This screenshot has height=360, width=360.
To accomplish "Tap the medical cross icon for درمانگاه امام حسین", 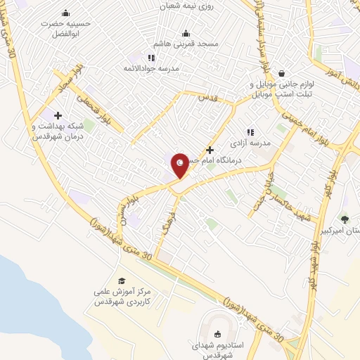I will pyautogui.click(x=210, y=150).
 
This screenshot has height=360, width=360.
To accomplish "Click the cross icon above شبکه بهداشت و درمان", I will pyautogui.click(x=58, y=115).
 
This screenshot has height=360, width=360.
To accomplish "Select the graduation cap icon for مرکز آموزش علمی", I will pyautogui.click(x=122, y=281).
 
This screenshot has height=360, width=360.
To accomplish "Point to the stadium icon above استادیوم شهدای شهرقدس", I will pyautogui.click(x=216, y=334).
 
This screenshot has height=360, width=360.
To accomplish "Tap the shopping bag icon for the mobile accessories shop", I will pyautogui.click(x=281, y=72).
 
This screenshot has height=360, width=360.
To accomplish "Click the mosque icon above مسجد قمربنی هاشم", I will pyautogui.click(x=186, y=32).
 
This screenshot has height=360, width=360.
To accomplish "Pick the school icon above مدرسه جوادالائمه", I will pyautogui.click(x=150, y=58).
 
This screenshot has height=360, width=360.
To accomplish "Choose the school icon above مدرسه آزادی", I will pyautogui.click(x=250, y=131).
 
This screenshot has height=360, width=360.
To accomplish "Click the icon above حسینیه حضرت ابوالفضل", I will pyautogui.click(x=65, y=13).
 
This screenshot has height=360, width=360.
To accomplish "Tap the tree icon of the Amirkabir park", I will pyautogui.click(x=344, y=219).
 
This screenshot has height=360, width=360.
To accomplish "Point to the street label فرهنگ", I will pyautogui.click(x=167, y=226).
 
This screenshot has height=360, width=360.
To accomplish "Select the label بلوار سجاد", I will pyautogui.click(x=71, y=79).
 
